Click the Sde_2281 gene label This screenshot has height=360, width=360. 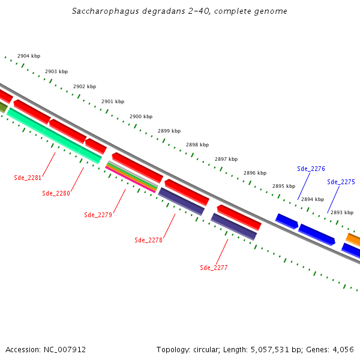click(x=28, y=178)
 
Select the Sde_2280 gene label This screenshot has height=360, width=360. click(x=56, y=193)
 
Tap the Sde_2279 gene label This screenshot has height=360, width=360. click(x=98, y=215)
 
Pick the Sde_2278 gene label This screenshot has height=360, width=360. click(x=148, y=240)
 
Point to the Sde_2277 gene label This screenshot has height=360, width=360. click(x=214, y=268)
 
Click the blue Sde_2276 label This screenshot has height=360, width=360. click(x=311, y=169)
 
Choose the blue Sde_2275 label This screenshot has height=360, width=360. click(x=341, y=182)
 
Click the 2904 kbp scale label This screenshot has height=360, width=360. click(x=29, y=56)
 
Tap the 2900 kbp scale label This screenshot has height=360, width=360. click(x=141, y=116)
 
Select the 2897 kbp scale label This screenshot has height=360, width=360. click(x=226, y=159)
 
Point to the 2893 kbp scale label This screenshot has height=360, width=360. click(x=342, y=212)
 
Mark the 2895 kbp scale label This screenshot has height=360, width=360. click(x=284, y=186)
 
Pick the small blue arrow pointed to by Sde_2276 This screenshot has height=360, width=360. click(x=286, y=221)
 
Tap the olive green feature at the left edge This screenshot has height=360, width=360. click(x=2, y=107)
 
